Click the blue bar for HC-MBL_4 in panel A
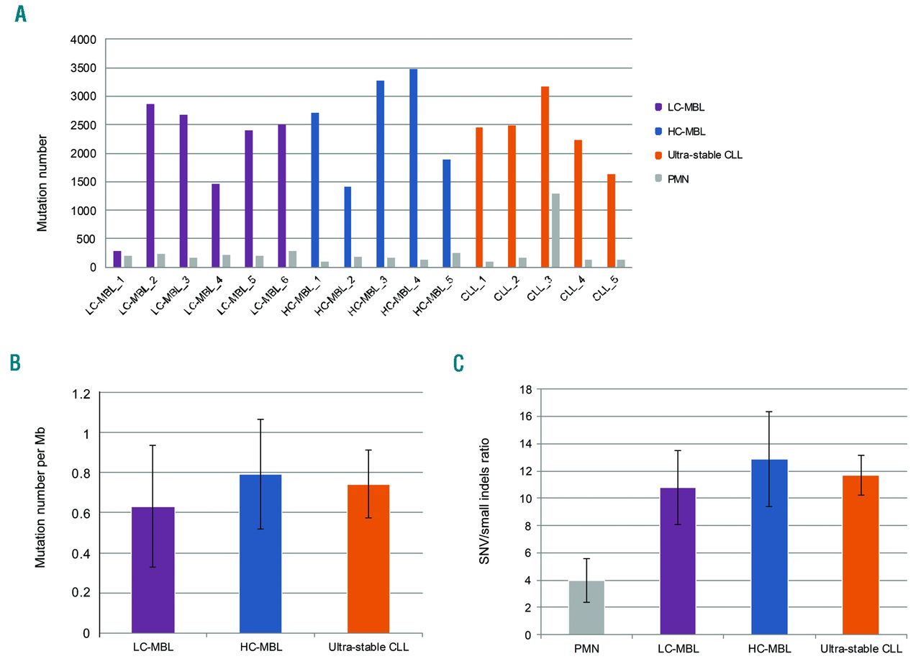click(414, 168)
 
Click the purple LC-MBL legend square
click(657, 106)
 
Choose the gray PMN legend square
click(657, 179)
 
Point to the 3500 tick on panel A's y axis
click(85, 68)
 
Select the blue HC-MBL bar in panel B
click(260, 554)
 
